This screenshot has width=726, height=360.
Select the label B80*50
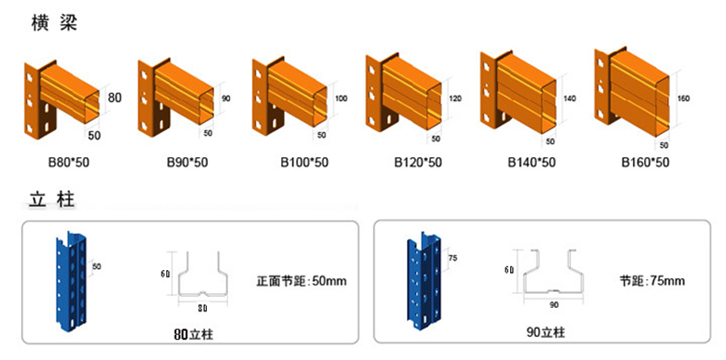(70, 163)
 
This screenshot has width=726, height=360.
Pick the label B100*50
(304, 163)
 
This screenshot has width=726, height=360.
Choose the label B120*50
(417, 163)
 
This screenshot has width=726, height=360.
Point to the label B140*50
(531, 163)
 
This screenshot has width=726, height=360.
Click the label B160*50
(645, 163)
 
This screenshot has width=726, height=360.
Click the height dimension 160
(684, 96)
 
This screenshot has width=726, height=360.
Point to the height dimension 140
(569, 98)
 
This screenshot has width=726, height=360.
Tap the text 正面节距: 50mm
(301, 280)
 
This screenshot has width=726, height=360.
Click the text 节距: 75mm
(652, 280)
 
